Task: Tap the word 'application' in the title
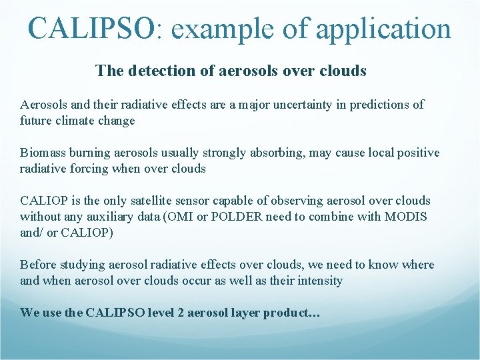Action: coord(383,29)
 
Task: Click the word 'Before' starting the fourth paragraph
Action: coord(38,265)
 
